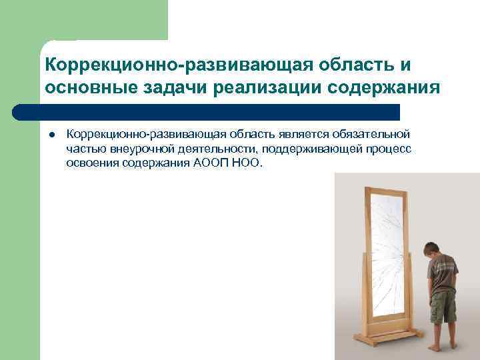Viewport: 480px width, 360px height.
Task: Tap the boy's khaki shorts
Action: click(443, 307)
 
